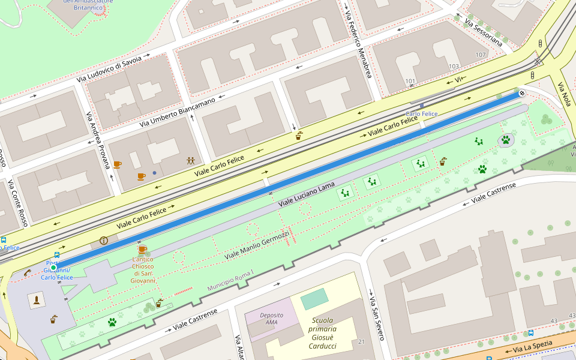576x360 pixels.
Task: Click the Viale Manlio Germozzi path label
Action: tap(256, 245)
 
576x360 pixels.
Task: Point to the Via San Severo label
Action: tap(376, 318)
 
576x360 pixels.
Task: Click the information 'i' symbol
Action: tap(104, 241)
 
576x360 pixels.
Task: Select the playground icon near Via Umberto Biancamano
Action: tap(190, 161)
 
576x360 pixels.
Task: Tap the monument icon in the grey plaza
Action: tap(38, 300)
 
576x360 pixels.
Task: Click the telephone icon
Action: tap(28, 272)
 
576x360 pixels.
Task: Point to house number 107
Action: tap(480, 55)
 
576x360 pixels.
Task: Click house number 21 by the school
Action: tap(361, 341)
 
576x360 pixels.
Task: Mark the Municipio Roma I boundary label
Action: tap(231, 280)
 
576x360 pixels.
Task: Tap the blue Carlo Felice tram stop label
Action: tap(421, 113)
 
